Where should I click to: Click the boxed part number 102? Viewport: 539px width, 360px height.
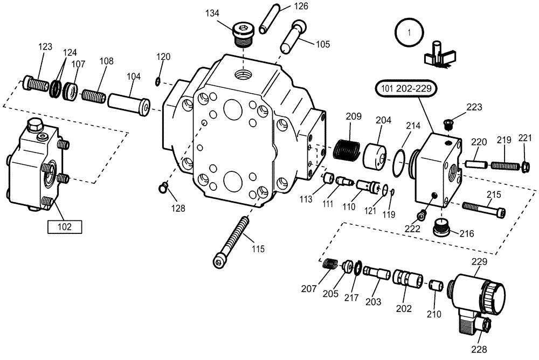[x=65, y=227]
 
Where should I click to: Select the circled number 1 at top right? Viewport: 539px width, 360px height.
[x=409, y=32]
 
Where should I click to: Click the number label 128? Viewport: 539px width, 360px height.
[x=178, y=208]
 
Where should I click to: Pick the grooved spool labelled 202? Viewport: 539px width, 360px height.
[x=406, y=280]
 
